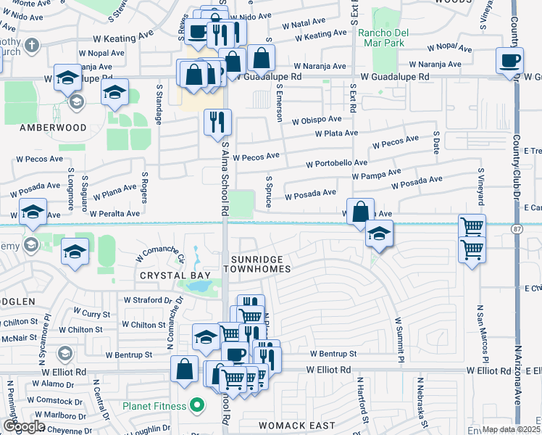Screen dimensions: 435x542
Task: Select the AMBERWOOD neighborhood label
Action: click(x=53, y=128)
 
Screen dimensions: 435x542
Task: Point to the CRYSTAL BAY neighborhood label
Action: click(x=175, y=275)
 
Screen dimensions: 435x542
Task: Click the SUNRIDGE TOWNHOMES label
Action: click(x=261, y=264)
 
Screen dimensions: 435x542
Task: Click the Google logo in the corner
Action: click(x=23, y=427)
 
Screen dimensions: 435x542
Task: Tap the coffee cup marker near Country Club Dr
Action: click(x=509, y=60)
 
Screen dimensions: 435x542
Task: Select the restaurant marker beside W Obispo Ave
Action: click(x=217, y=122)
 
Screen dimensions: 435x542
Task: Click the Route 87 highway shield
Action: click(x=516, y=229)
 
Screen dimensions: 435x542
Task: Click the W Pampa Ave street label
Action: click(x=376, y=174)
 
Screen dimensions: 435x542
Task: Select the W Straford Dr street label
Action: click(x=148, y=299)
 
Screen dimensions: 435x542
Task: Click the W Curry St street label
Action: click(x=96, y=314)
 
